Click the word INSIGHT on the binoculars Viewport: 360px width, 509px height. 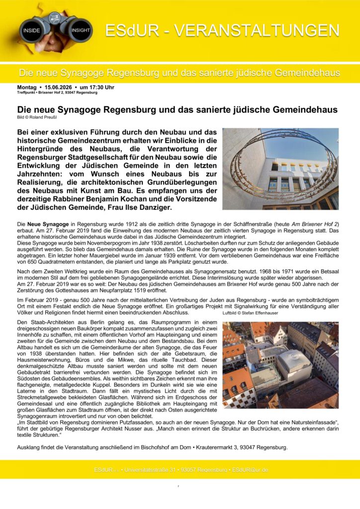point(80,30)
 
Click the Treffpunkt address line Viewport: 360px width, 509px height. point(57,93)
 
